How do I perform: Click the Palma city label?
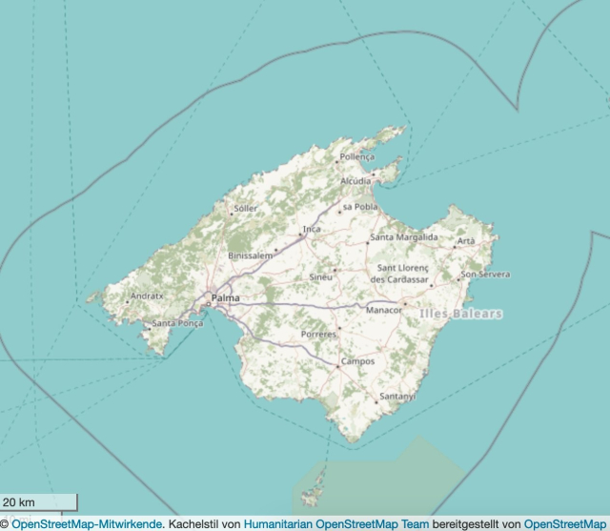coord(226,298)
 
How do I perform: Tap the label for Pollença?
coord(358,156)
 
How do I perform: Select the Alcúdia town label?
coord(356,180)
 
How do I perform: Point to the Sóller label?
coord(246,208)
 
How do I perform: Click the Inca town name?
coord(312,230)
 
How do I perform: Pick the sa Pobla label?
coord(360,206)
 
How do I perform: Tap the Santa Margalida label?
coord(404,236)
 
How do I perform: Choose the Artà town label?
coord(466,241)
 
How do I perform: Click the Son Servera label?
coord(485,275)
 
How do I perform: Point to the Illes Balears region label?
coord(460,314)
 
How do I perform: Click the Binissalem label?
coord(251,256)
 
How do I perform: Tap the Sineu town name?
coord(321,276)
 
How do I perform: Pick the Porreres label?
coord(318,335)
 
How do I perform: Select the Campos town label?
coord(358,362)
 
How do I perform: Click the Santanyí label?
coord(397,396)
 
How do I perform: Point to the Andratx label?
coord(148,296)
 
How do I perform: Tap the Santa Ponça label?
coord(177,323)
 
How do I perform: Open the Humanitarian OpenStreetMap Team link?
coord(336,523)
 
